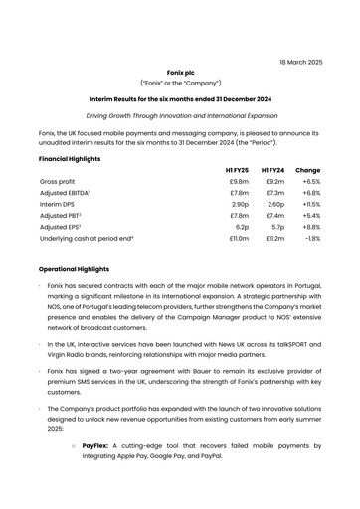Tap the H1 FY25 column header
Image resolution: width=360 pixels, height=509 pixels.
coord(236,170)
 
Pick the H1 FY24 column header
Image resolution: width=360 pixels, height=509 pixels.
coord(272,170)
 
